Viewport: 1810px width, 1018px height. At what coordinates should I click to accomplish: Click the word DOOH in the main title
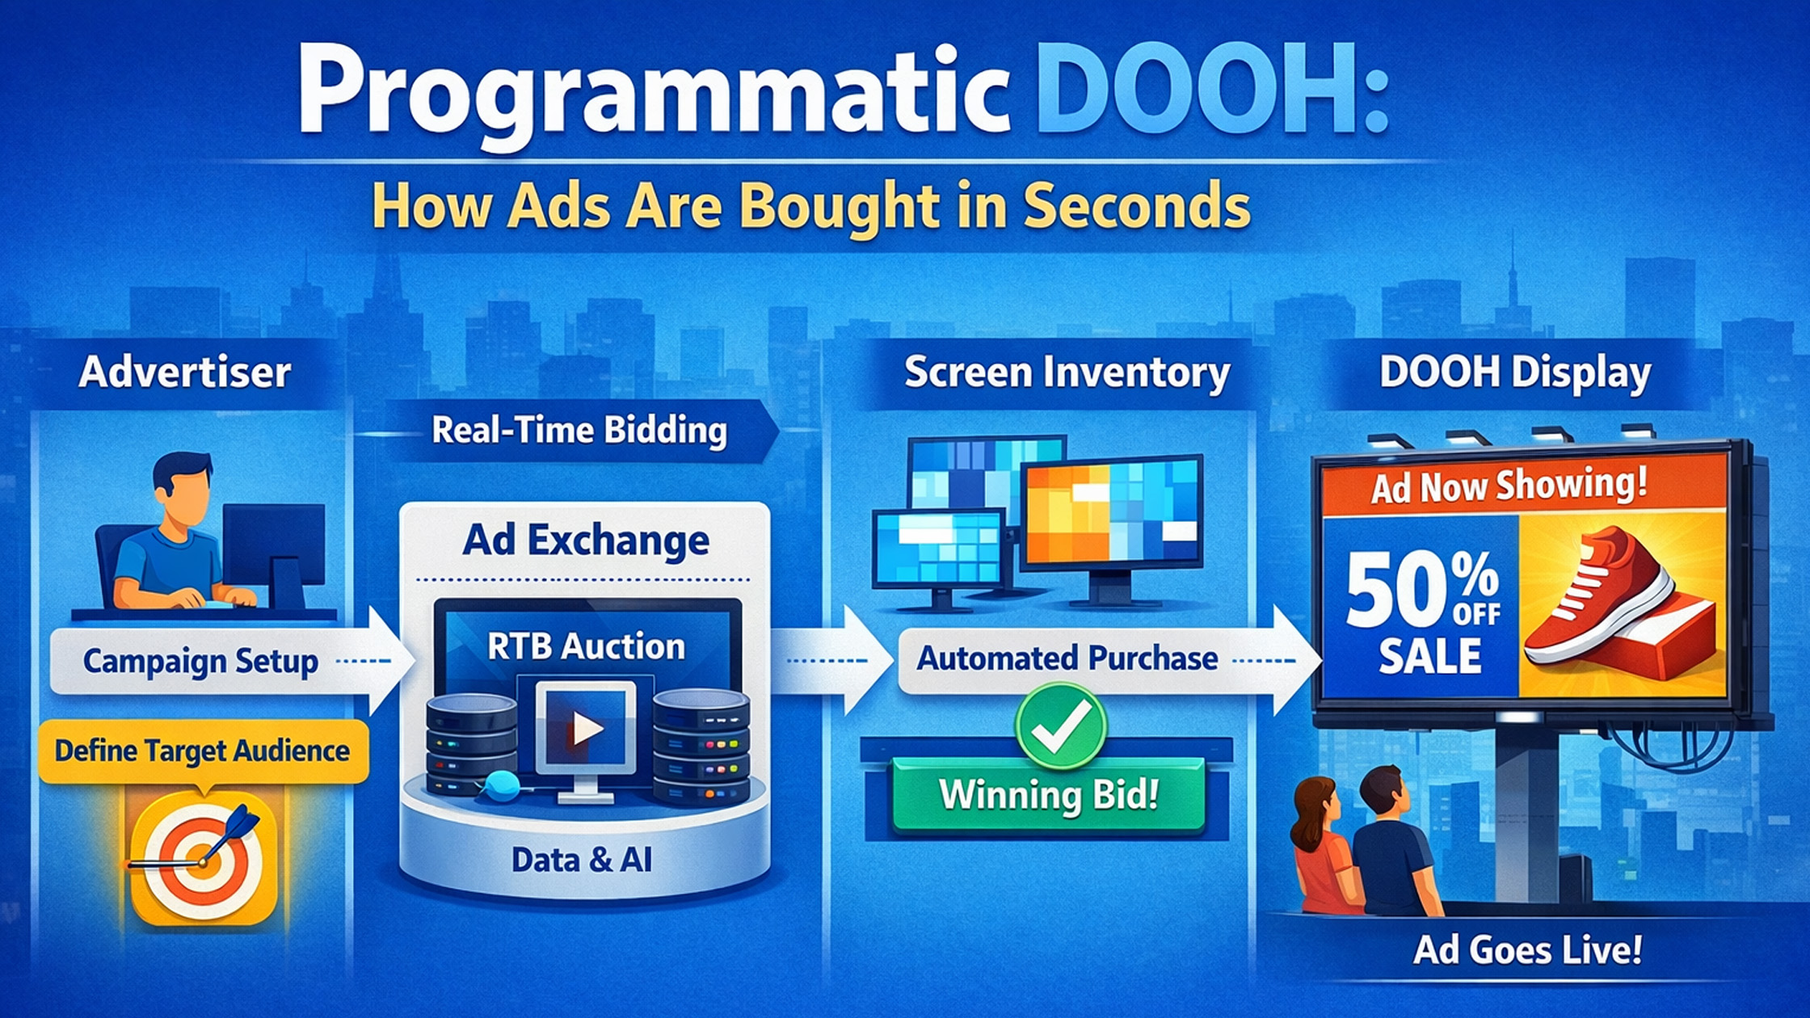tap(1207, 90)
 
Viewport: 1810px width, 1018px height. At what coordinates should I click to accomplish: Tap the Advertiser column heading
tap(185, 372)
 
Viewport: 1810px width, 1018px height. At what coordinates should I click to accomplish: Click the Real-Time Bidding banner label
tap(579, 430)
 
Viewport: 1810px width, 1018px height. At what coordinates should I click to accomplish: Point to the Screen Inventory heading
tap(1067, 373)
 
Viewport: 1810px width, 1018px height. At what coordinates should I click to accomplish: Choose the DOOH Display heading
tap(1514, 373)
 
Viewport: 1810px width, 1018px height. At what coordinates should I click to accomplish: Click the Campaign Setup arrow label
tap(200, 661)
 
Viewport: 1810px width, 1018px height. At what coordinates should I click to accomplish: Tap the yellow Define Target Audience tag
tap(203, 751)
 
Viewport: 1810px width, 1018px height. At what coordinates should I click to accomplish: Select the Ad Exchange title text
tap(586, 540)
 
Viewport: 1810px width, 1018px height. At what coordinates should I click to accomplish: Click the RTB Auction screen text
tap(586, 646)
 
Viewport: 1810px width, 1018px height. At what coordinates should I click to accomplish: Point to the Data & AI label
tap(582, 860)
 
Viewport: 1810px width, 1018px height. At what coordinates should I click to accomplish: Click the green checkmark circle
tap(1061, 726)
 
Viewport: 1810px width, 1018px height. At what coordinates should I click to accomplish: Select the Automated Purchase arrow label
tap(1067, 658)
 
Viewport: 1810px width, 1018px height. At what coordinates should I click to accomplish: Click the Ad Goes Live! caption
tap(1527, 950)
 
